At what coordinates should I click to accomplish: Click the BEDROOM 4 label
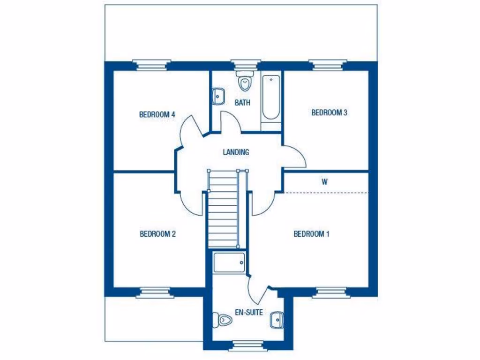157,114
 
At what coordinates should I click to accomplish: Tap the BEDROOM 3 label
329,112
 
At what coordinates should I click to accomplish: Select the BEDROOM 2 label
157,234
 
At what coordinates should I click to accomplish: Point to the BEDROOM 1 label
311,234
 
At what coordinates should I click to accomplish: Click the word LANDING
236,152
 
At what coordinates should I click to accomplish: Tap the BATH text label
242,103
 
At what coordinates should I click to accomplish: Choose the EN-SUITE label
249,313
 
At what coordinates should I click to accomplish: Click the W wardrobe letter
324,182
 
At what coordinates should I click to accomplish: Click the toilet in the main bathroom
244,82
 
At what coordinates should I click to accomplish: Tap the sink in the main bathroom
218,96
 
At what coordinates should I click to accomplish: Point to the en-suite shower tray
229,262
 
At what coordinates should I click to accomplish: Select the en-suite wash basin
277,320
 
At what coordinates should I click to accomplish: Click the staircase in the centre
223,209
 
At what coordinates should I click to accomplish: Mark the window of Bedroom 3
328,64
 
